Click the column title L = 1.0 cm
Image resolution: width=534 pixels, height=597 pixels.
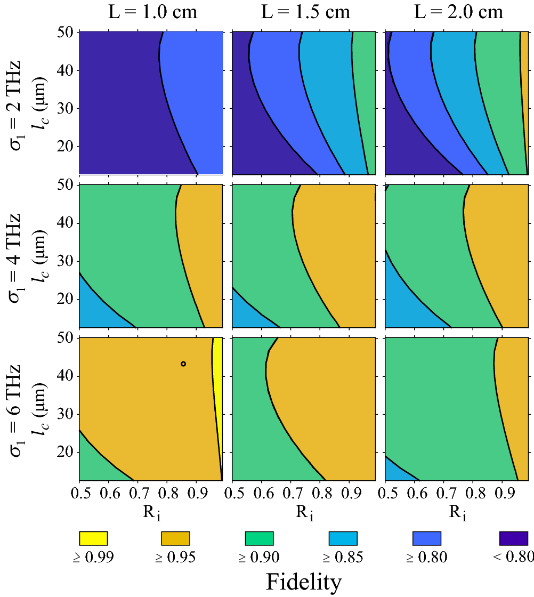pyautogui.click(x=151, y=12)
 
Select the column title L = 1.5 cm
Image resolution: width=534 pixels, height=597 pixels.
pyautogui.click(x=304, y=12)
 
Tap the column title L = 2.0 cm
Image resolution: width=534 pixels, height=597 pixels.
pyautogui.click(x=458, y=12)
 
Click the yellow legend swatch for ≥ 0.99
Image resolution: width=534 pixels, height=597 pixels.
pyautogui.click(x=93, y=538)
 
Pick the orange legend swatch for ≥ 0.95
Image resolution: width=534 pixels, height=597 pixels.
pyautogui.click(x=175, y=538)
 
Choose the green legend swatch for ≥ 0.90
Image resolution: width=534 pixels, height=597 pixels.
pyautogui.click(x=259, y=538)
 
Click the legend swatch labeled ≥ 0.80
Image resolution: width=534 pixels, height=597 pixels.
pyautogui.click(x=427, y=538)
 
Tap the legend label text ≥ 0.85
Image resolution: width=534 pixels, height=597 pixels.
pyautogui.click(x=343, y=558)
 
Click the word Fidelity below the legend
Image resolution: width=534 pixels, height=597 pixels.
pyautogui.click(x=303, y=582)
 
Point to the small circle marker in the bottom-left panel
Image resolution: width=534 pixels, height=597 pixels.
pyautogui.click(x=183, y=364)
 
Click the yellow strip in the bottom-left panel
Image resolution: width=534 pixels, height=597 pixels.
pyautogui.click(x=217, y=384)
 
